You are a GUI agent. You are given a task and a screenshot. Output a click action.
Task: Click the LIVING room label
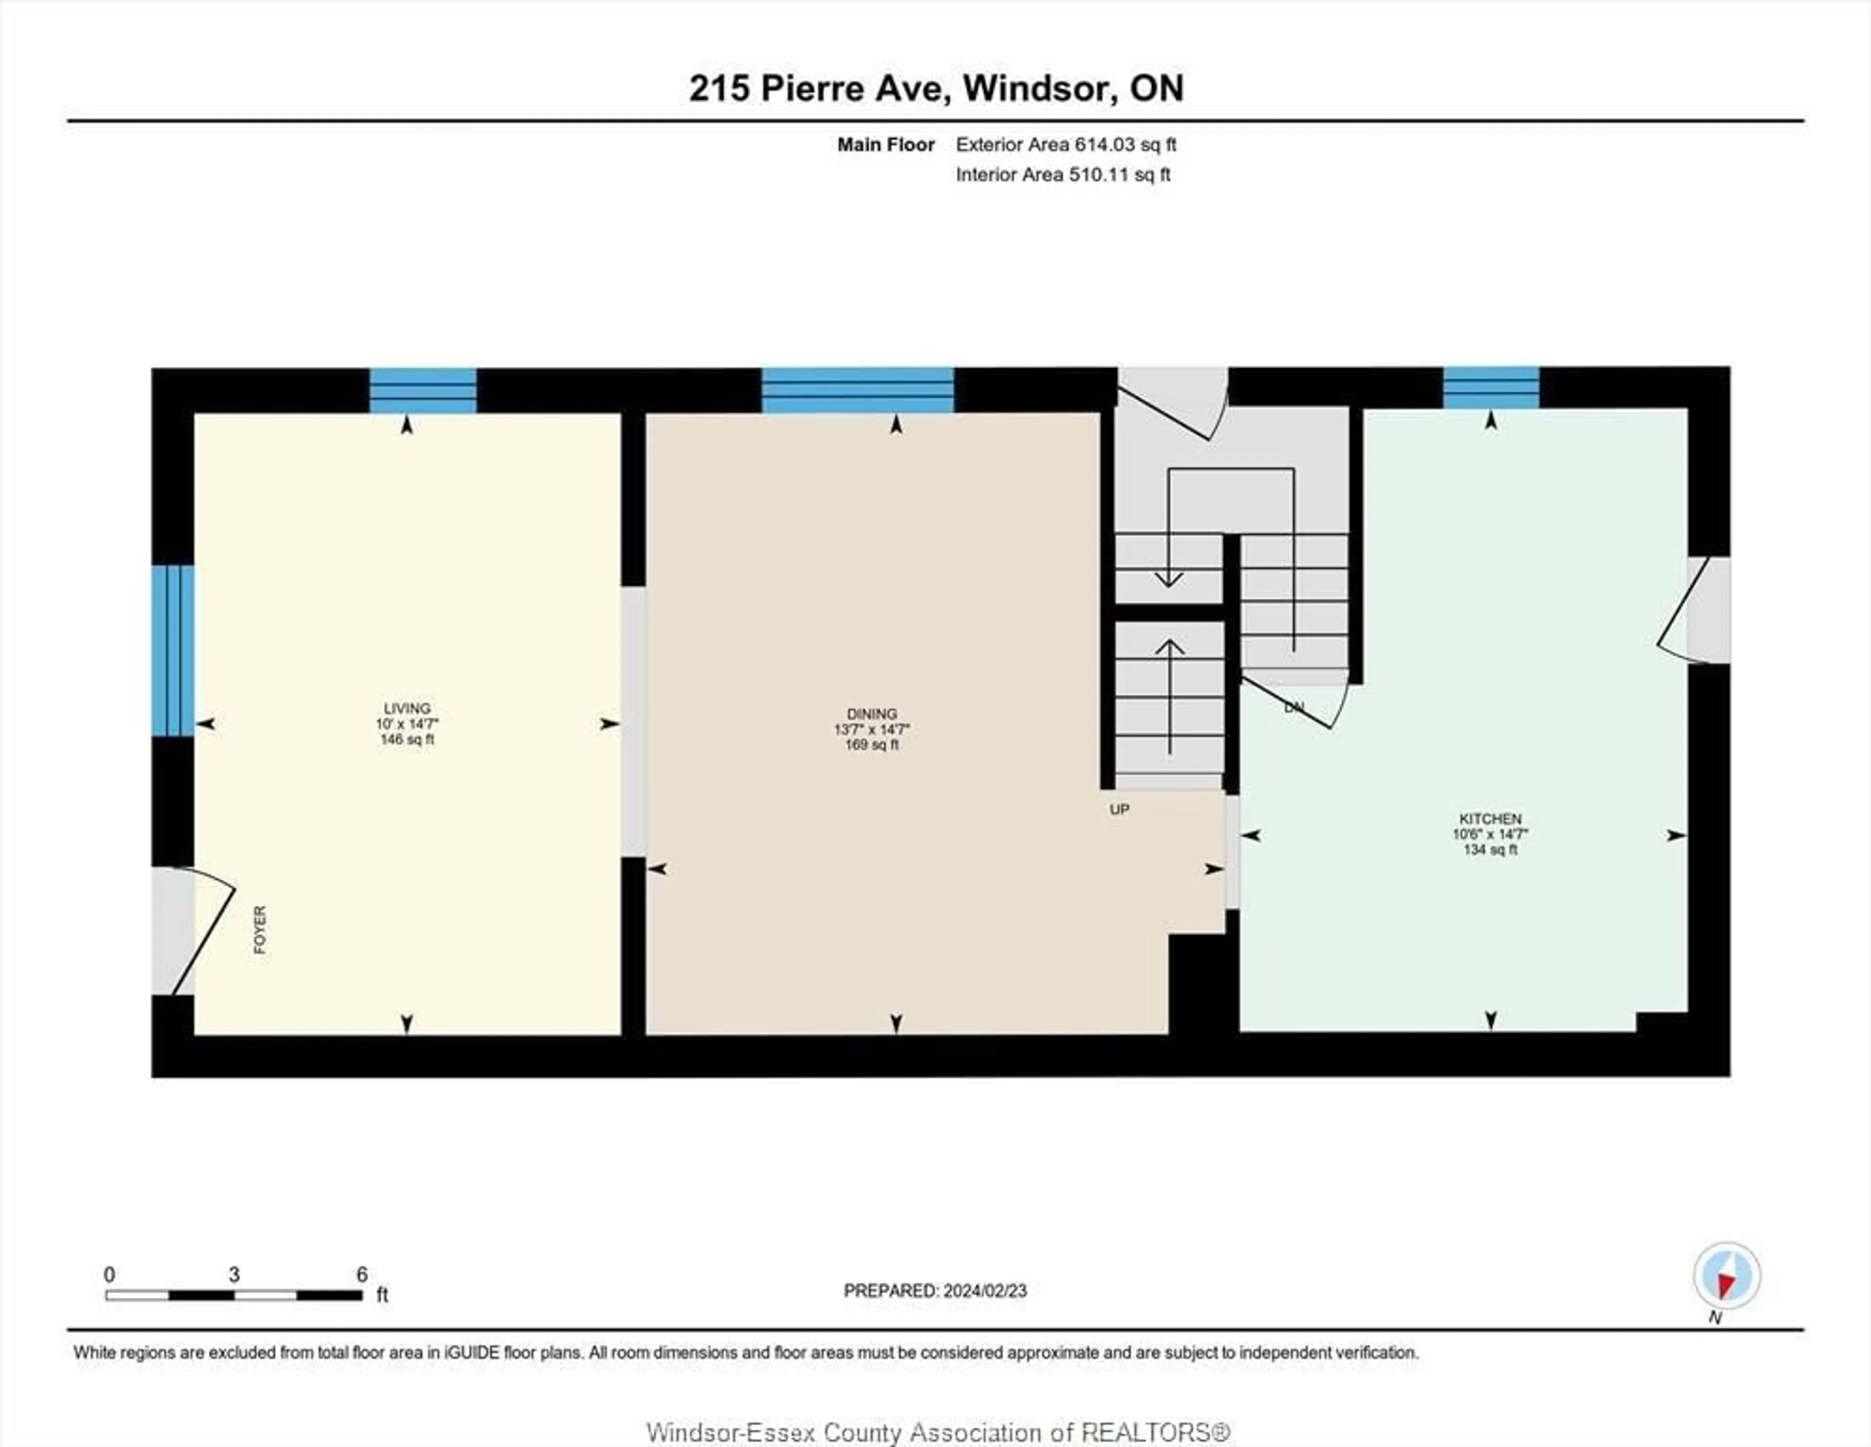click(x=407, y=708)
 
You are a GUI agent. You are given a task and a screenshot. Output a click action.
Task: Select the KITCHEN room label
click(x=1490, y=819)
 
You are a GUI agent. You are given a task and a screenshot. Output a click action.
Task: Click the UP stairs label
click(x=1120, y=810)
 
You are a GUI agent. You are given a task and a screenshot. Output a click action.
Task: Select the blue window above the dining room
click(x=858, y=391)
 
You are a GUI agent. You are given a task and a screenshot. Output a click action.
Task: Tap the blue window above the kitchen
click(x=1490, y=387)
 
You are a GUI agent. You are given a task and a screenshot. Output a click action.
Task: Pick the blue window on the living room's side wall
click(x=173, y=650)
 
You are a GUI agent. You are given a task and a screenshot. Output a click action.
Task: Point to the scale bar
click(x=234, y=1295)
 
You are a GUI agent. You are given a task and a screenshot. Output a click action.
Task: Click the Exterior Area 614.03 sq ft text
click(x=1066, y=145)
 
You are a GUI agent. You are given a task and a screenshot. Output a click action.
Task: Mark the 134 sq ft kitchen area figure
click(x=1490, y=850)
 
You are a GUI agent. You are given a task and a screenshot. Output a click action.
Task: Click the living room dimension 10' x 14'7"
click(x=407, y=724)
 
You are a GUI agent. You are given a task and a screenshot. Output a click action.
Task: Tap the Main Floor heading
click(x=886, y=145)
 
